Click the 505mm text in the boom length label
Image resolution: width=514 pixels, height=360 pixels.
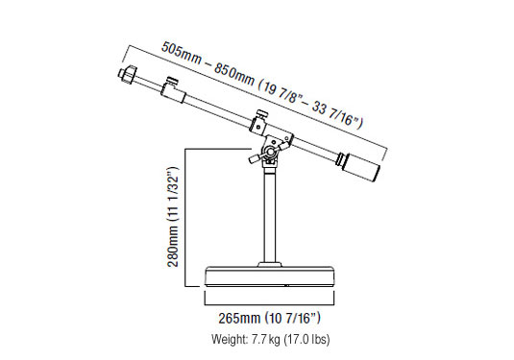point(182,53)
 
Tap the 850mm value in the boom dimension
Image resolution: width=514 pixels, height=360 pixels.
point(234,74)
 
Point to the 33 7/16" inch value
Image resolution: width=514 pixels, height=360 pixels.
point(335,114)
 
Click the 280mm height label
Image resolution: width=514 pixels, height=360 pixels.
point(173,247)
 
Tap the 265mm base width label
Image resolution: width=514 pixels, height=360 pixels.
point(239,318)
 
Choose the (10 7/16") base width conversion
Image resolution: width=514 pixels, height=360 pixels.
point(292,318)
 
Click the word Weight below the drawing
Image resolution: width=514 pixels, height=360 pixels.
point(230,340)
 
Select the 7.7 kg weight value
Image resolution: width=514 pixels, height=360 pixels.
point(265,340)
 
